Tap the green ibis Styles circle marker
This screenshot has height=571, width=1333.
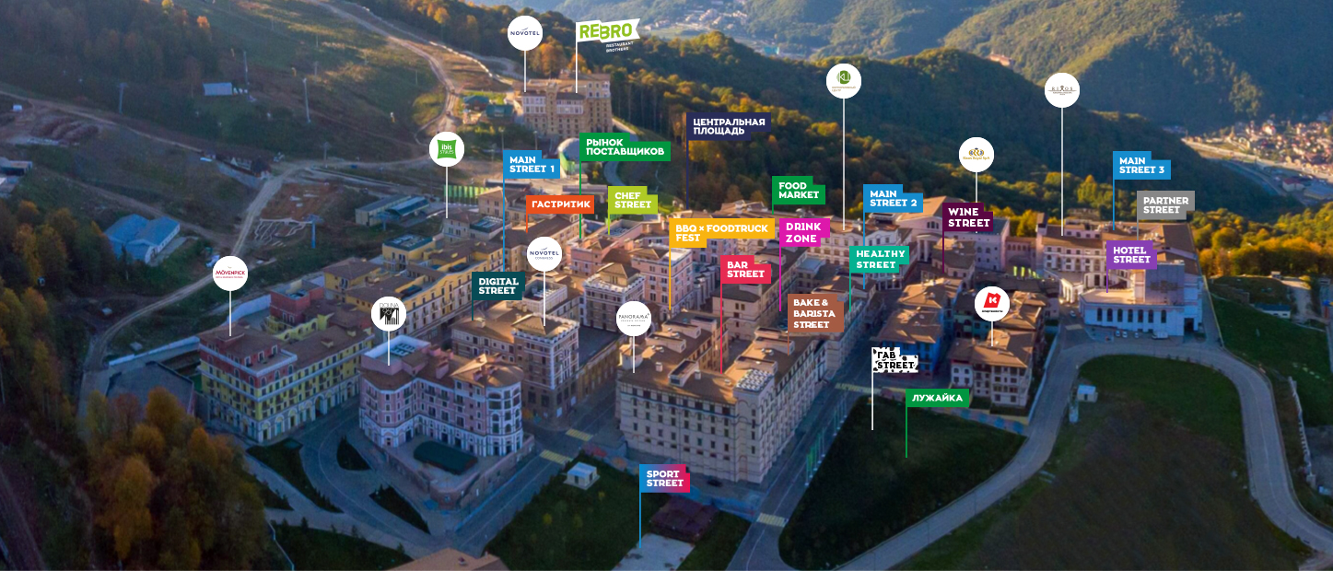447,149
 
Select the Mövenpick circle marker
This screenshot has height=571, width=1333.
230,274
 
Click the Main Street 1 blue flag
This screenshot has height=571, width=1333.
532,164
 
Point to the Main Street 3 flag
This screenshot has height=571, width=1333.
1141,166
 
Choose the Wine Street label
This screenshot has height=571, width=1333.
968,217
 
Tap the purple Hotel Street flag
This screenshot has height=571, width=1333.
1130,254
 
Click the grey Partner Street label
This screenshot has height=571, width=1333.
1165,204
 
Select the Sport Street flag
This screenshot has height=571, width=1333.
664,478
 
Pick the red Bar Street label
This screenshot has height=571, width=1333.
745,269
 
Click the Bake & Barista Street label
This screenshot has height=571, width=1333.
814,313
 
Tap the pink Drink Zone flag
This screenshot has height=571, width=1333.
802,232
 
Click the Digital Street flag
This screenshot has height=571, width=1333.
497,285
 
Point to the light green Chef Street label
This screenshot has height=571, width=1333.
633,200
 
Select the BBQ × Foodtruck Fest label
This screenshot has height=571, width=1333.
720,232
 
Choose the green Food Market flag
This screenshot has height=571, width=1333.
798,191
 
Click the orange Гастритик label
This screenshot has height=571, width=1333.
560,204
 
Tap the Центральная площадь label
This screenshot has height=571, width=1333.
729,126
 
